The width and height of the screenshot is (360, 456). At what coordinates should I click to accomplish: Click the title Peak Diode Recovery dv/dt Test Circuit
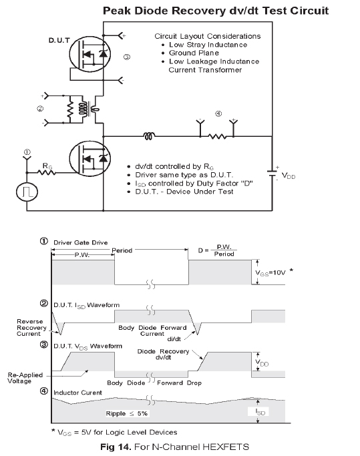tap(216, 11)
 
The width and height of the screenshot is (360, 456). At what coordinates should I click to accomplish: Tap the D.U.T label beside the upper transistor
tap(59, 41)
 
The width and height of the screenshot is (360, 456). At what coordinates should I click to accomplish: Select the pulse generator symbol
tap(27, 192)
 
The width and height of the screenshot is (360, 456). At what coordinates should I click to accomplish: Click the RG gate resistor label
tap(47, 166)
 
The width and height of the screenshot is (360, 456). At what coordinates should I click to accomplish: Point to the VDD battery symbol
tap(273, 174)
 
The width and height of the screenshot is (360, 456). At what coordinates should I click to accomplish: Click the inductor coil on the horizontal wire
tap(150, 136)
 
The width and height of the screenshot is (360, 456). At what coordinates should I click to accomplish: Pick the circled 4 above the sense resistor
tap(218, 113)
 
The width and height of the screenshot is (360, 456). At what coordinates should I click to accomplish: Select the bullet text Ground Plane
tap(194, 53)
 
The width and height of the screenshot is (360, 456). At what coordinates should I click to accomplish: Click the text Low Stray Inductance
tap(208, 45)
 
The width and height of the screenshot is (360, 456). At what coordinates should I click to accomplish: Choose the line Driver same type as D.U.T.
tap(184, 175)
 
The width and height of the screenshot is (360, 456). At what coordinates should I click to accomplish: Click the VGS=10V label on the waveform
tap(271, 273)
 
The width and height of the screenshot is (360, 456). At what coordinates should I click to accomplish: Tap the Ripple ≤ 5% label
tap(127, 413)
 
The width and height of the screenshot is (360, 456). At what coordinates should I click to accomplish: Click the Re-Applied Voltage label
tap(25, 378)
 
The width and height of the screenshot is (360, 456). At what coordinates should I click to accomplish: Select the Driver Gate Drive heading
tap(81, 242)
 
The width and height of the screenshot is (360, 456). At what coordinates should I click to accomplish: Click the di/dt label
tap(174, 339)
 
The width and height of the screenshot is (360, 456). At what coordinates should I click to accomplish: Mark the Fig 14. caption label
tap(116, 447)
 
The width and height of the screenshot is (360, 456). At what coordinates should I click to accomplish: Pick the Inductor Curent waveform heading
tap(77, 393)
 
